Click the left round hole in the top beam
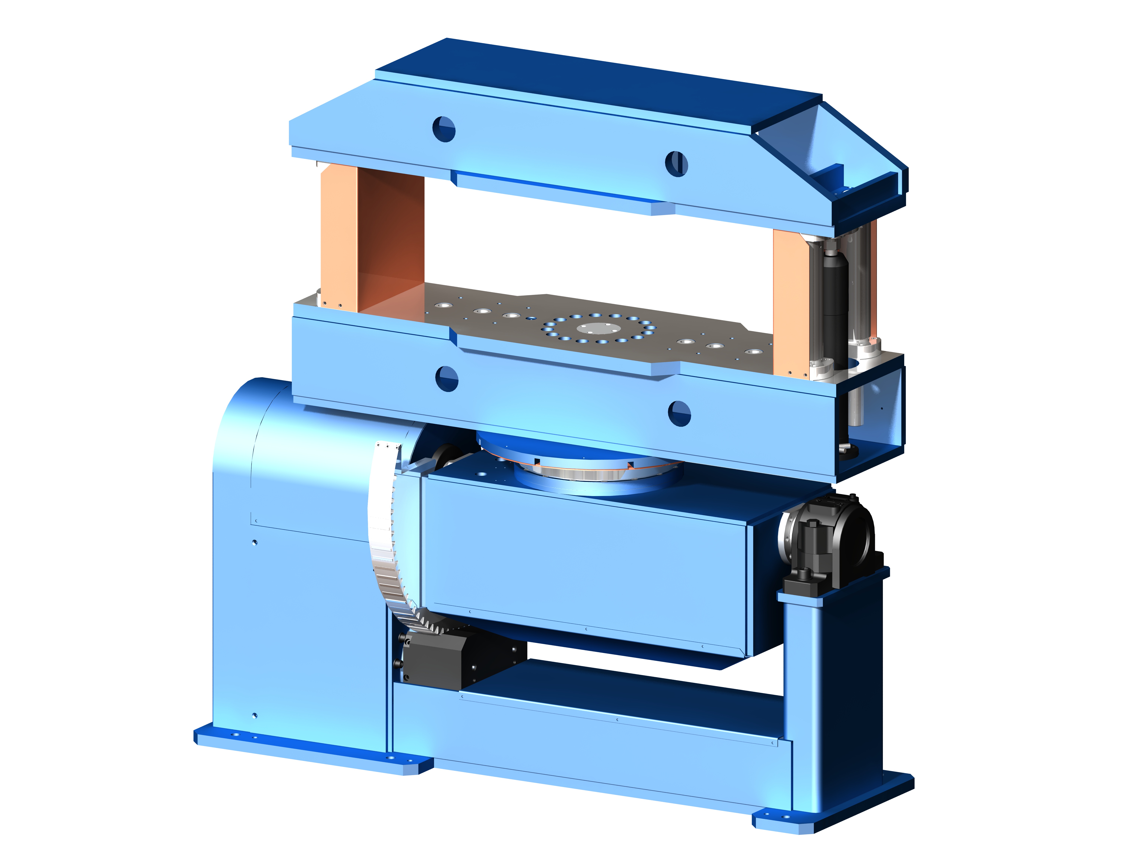click(x=444, y=129)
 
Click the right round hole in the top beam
click(x=676, y=164)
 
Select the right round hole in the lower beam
click(x=679, y=413)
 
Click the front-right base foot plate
click(x=830, y=816)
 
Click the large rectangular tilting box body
click(x=584, y=564)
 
